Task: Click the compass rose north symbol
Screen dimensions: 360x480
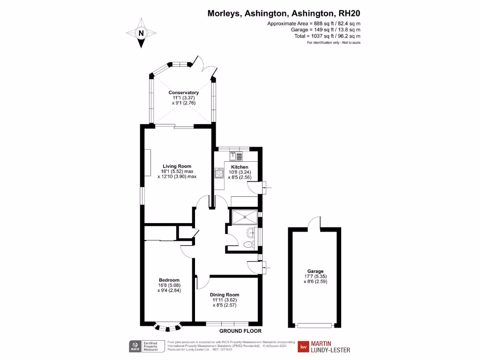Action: [141, 33]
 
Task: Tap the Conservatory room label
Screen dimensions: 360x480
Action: [184, 92]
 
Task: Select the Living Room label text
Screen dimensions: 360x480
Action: [177, 166]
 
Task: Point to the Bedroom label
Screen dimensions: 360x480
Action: [169, 280]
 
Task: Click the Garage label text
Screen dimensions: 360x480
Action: [315, 271]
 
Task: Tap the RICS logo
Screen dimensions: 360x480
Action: [135, 347]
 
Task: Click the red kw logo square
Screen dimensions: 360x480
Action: [304, 347]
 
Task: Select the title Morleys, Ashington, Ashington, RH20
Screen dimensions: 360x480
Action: [284, 14]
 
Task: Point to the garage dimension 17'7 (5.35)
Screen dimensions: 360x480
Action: [315, 277]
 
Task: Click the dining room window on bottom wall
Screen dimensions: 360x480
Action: [227, 323]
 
